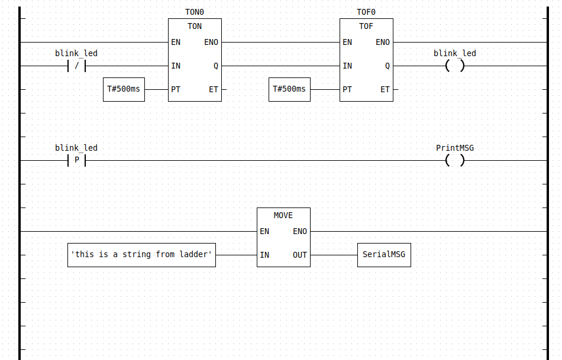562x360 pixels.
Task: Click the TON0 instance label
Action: coord(195,12)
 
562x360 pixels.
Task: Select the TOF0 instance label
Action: coord(366,12)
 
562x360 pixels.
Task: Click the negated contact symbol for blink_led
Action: coord(76,66)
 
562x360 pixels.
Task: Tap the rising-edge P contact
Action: coord(76,160)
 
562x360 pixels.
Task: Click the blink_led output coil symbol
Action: coord(454,66)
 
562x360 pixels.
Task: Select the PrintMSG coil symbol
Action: coord(454,160)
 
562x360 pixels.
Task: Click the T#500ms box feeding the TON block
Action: coord(124,89)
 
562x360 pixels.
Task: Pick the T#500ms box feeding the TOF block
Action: coord(289,89)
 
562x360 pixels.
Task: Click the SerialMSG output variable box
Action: coord(384,255)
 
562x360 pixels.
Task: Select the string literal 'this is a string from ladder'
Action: coord(141,255)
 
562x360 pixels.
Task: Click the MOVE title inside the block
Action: coord(283,215)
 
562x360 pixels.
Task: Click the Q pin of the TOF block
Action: coord(387,66)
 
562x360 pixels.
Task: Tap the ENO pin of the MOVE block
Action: coord(300,231)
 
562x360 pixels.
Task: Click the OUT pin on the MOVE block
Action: coord(300,255)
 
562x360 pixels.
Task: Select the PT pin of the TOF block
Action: coord(347,89)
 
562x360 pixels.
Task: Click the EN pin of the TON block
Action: coord(176,42)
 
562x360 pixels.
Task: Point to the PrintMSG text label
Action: coord(454,148)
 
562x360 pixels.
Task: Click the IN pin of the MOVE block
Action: coord(264,255)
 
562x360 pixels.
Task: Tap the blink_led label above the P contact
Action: coord(76,148)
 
